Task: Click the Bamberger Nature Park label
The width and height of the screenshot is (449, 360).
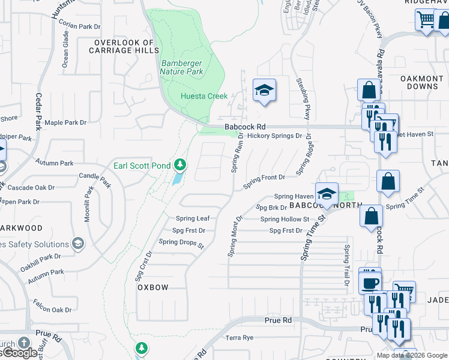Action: (181, 67)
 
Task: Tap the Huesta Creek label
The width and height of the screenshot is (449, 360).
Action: (205, 96)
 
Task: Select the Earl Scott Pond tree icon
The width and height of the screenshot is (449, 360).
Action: (179, 164)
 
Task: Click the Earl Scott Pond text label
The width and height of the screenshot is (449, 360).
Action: (142, 166)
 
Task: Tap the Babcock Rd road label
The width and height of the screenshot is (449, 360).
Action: (245, 127)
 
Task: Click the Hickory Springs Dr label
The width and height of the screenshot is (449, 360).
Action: (274, 136)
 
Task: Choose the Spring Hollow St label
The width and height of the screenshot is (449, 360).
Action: (285, 220)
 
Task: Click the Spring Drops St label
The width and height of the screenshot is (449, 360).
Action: (181, 242)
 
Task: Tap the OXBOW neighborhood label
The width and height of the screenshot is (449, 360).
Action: (153, 287)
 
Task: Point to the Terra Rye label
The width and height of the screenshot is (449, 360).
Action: (240, 338)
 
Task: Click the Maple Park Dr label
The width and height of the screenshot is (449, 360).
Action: (66, 122)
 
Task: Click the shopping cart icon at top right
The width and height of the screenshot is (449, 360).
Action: (426, 20)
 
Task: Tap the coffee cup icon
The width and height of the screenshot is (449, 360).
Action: (370, 281)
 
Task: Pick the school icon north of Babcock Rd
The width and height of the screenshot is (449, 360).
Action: (264, 91)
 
